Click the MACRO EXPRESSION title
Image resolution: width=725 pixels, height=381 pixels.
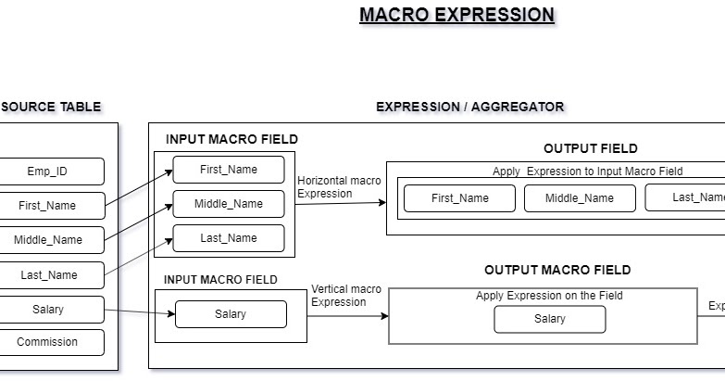point(456,15)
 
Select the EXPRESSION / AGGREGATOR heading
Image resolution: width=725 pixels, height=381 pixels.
point(469,107)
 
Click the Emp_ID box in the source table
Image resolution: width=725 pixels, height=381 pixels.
point(51,171)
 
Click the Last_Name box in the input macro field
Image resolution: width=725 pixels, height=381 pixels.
point(228,238)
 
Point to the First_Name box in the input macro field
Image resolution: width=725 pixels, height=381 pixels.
point(228,170)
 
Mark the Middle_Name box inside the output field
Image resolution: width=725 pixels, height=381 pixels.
point(580,198)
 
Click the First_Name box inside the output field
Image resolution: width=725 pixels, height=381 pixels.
point(459,198)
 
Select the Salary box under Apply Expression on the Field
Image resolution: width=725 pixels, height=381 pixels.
point(549,320)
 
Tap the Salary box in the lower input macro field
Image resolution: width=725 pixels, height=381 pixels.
point(231,314)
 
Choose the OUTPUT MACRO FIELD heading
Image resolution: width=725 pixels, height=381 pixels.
point(557,270)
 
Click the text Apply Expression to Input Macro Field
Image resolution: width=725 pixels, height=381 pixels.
point(587,171)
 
